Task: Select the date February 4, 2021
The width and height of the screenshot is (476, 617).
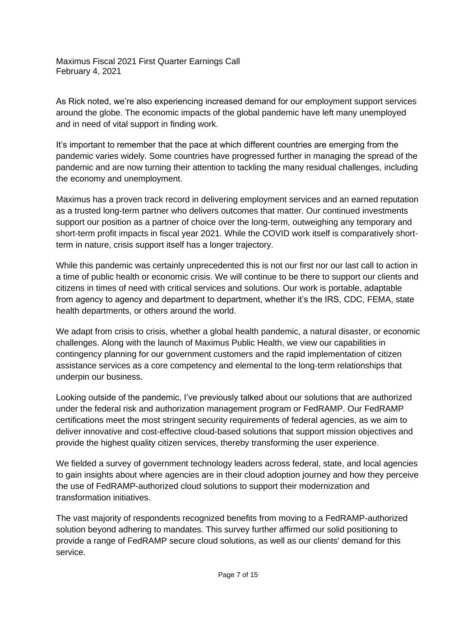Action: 88,71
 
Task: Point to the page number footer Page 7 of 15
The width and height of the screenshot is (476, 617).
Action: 238,575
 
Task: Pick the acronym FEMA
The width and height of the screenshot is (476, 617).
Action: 382,299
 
